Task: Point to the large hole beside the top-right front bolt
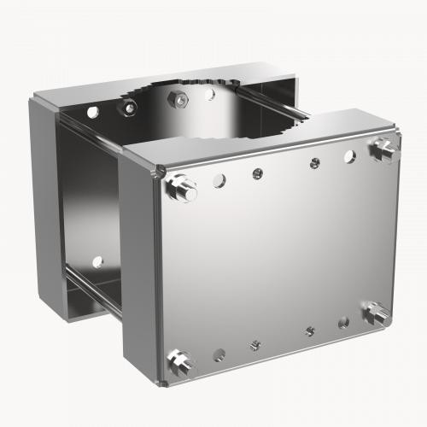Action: (349, 155)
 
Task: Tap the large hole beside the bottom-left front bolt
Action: (219, 352)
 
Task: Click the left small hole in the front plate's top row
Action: (258, 173)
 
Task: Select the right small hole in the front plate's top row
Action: (315, 161)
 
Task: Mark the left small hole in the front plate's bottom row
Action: (254, 345)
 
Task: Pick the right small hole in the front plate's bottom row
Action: (310, 330)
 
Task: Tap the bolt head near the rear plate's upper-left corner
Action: (129, 108)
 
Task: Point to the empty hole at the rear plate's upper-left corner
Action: (92, 112)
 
